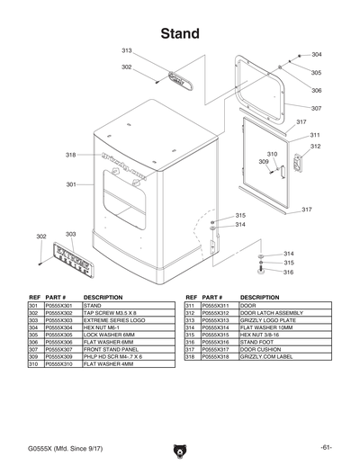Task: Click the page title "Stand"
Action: coord(180,34)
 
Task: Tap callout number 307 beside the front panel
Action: coord(316,108)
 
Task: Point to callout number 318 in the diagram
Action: coord(70,156)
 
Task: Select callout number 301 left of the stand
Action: coord(70,184)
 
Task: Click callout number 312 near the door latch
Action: coord(315,146)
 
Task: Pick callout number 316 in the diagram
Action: coord(288,271)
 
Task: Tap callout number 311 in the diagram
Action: coord(315,135)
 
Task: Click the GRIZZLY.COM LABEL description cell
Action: coord(268,357)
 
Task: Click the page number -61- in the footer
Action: coord(325,448)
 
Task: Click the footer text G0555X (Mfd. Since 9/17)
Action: coord(62,448)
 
